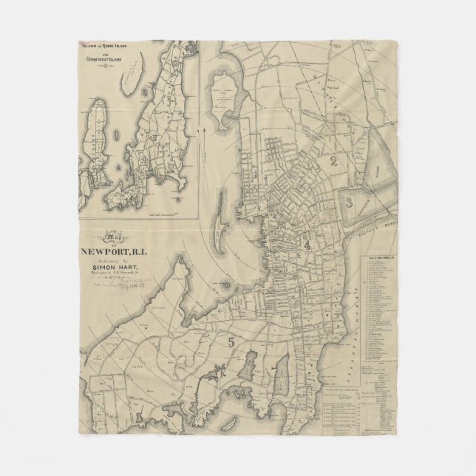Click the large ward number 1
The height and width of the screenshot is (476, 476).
(x=263, y=180)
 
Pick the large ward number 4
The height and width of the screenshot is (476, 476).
(x=306, y=244)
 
